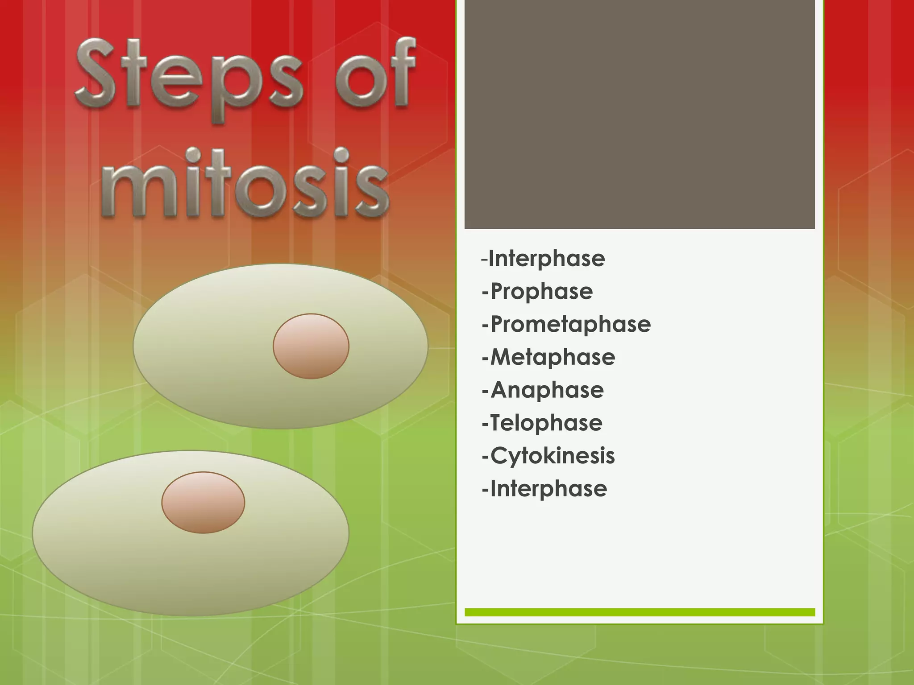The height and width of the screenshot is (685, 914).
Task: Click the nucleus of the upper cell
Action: tap(311, 346)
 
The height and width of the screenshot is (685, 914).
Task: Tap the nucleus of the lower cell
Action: tap(203, 503)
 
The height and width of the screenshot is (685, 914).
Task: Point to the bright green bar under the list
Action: tap(640, 612)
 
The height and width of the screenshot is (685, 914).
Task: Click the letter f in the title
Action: tap(400, 71)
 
